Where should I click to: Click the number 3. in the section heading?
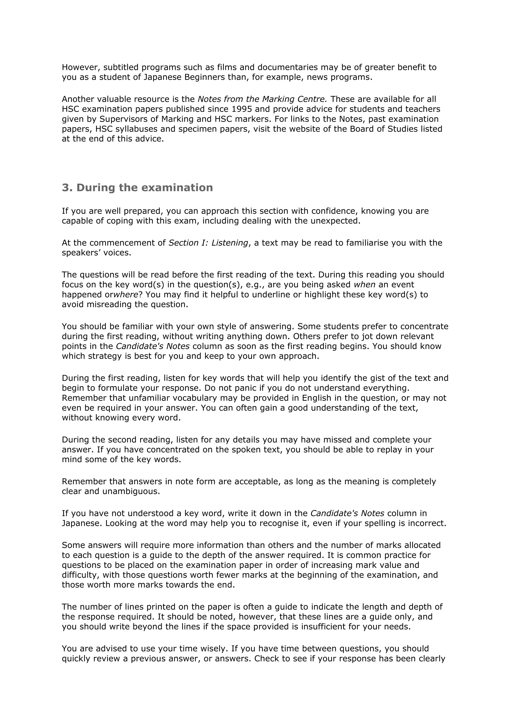pyautogui.click(x=67, y=188)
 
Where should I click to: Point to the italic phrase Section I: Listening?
pyautogui.click(x=208, y=243)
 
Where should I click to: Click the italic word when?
pyautogui.click(x=364, y=284)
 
